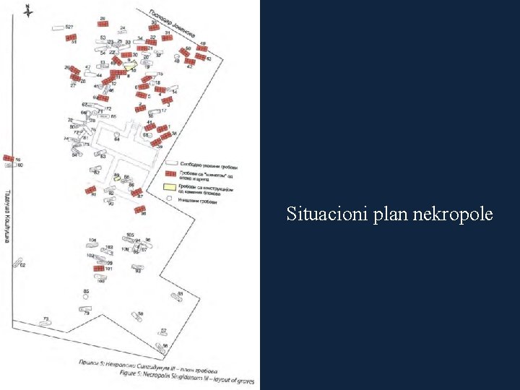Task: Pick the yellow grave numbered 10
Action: pyautogui.click(x=130, y=65)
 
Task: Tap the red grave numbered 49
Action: pyautogui.click(x=201, y=48)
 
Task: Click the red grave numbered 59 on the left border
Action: pyautogui.click(x=8, y=157)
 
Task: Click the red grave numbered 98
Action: pyautogui.click(x=139, y=209)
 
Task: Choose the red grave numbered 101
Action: pyautogui.click(x=100, y=268)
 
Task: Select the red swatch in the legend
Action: pyautogui.click(x=171, y=173)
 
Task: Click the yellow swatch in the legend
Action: pyautogui.click(x=171, y=187)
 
